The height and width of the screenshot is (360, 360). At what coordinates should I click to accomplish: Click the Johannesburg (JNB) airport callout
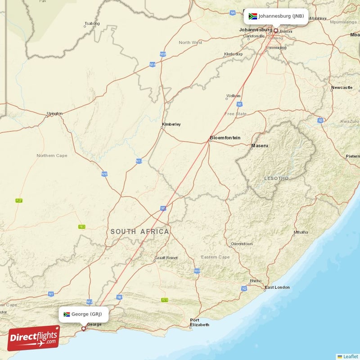tap(276, 17)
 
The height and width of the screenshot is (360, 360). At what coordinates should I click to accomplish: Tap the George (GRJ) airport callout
tap(84, 315)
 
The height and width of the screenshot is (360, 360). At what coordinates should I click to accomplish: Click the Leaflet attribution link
tap(351, 356)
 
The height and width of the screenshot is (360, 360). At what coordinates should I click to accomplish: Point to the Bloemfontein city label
tap(225, 138)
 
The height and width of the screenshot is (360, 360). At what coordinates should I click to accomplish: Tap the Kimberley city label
tap(171, 124)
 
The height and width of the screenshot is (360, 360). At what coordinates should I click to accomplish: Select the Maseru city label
tap(260, 146)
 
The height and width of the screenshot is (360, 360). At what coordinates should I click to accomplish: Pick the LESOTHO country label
tap(276, 179)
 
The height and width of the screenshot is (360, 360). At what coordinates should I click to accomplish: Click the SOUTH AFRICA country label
tap(140, 232)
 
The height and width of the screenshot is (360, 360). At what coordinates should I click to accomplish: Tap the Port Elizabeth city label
tap(200, 322)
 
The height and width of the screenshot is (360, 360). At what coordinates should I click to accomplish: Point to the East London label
tap(277, 287)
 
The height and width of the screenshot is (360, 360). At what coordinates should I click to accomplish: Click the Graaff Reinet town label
tap(166, 258)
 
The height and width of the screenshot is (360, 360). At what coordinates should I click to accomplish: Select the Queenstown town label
tap(242, 243)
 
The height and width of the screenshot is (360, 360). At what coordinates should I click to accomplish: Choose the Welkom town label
tap(234, 96)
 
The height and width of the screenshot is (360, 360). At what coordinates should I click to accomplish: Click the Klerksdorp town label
tap(233, 54)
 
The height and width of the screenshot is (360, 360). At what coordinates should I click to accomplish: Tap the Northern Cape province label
tap(52, 156)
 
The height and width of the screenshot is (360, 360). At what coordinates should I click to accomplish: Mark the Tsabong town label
tap(92, 23)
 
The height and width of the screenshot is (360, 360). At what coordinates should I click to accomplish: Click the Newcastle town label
tap(342, 87)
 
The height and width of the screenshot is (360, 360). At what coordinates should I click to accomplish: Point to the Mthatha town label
tap(301, 232)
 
